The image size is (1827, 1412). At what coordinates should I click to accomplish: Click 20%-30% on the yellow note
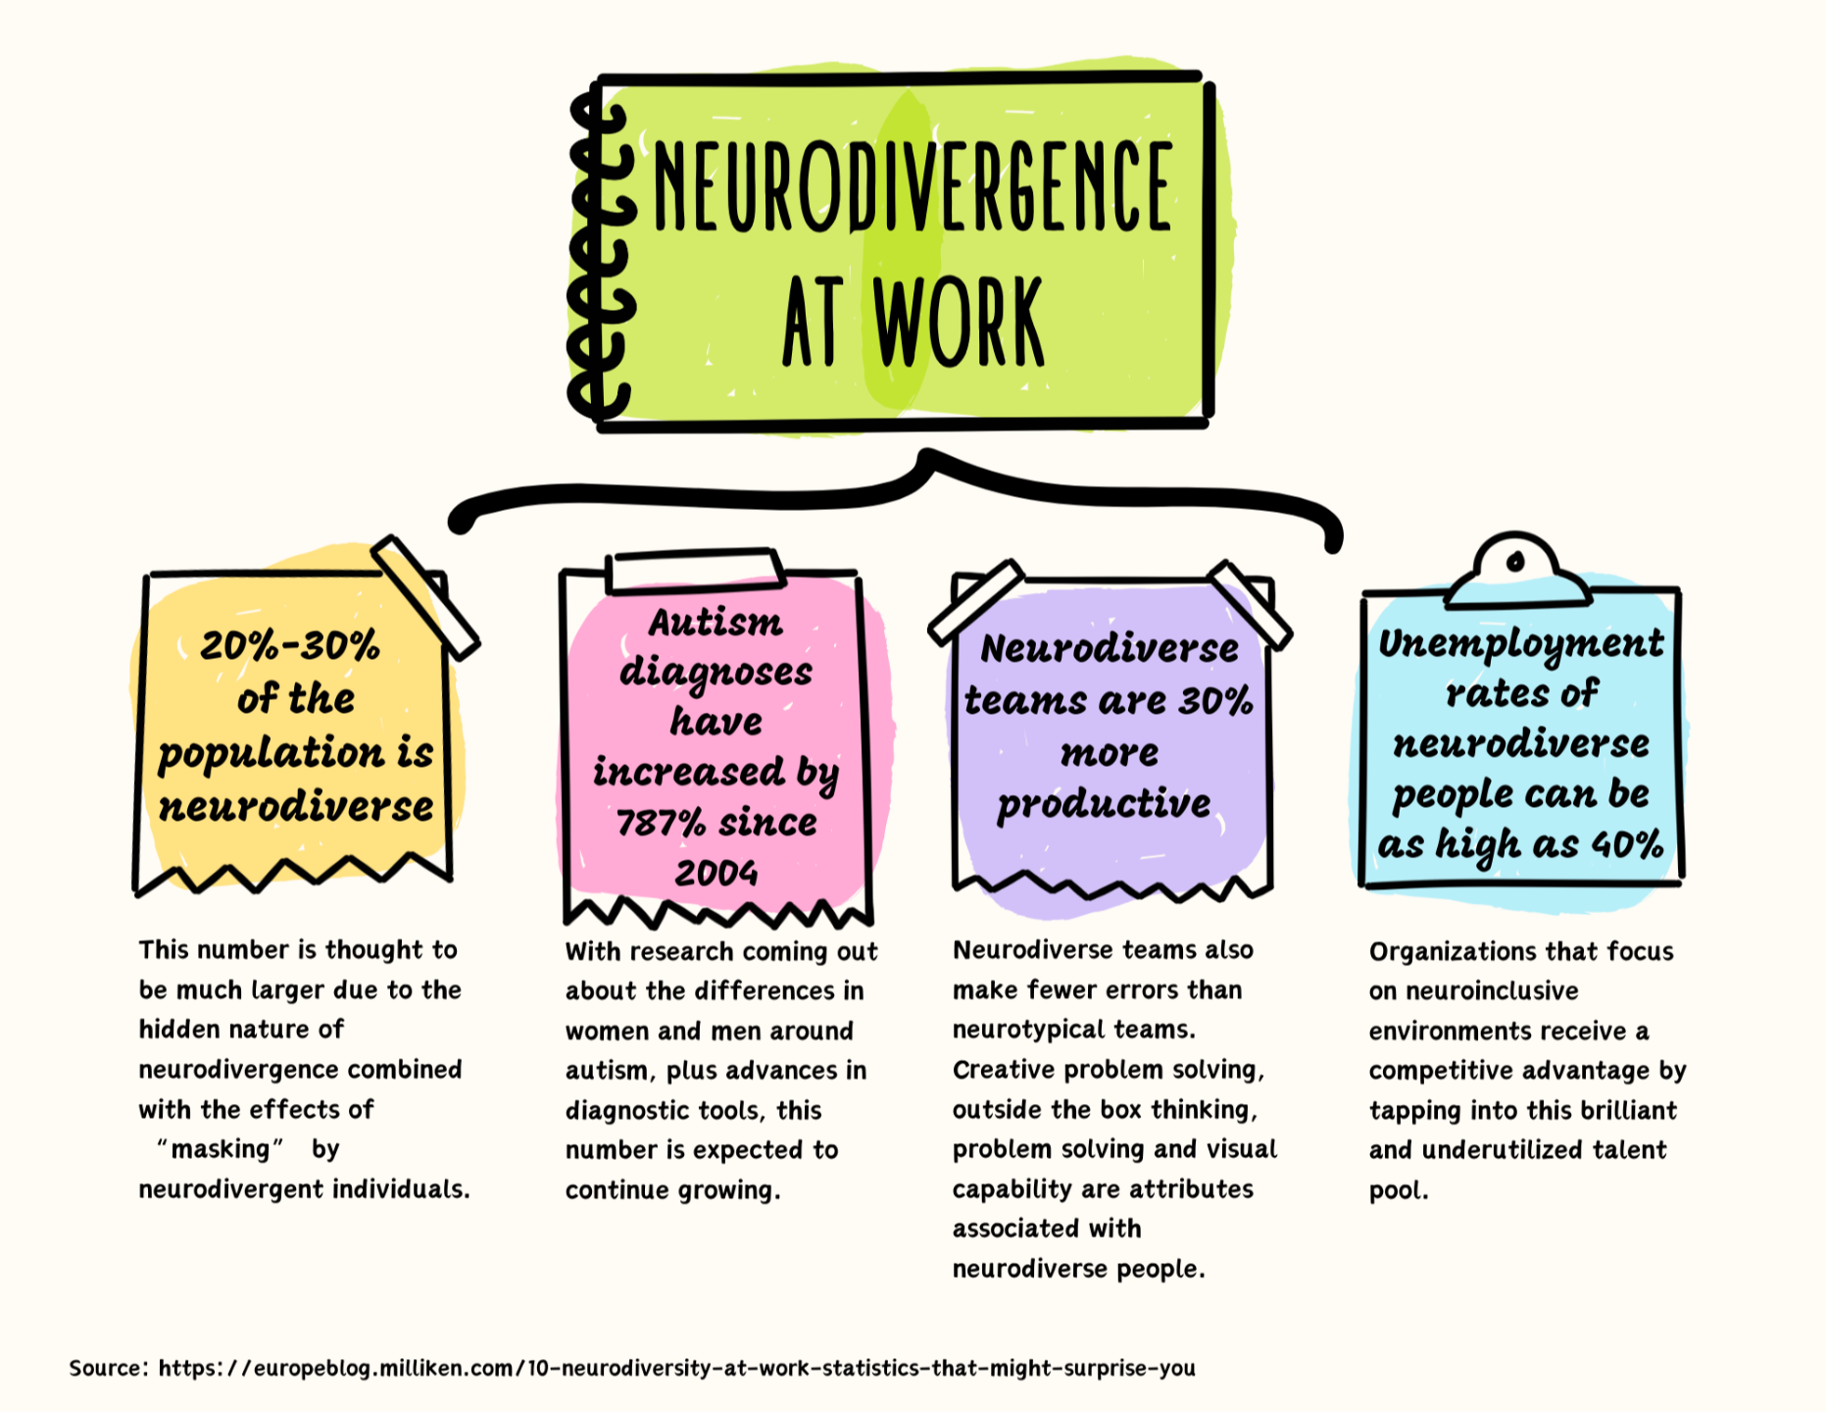(x=290, y=646)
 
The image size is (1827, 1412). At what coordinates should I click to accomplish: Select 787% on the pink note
(x=661, y=823)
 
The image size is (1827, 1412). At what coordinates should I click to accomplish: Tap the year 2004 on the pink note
(x=716, y=873)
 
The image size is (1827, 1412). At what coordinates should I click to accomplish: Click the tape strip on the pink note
(x=694, y=572)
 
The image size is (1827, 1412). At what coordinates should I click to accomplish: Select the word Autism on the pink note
(x=716, y=623)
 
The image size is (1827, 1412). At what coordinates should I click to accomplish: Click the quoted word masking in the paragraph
(x=221, y=1149)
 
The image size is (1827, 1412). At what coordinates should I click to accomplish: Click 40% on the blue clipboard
(x=1627, y=844)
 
